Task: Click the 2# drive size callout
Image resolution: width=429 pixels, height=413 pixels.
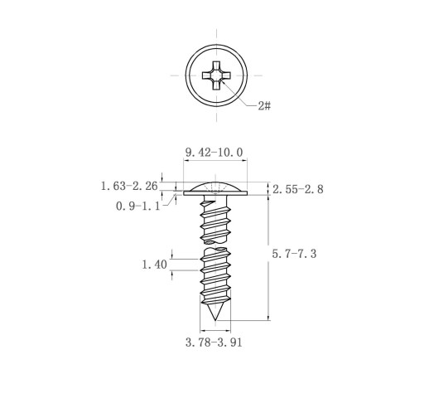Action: click(264, 105)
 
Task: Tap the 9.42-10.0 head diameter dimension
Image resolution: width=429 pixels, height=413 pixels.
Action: click(214, 153)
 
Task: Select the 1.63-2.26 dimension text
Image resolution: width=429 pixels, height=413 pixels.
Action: click(129, 186)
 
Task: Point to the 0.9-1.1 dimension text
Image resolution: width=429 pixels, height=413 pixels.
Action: click(137, 206)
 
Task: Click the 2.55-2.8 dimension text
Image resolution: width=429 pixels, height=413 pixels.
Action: click(298, 190)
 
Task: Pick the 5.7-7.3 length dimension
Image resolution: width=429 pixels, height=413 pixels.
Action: click(294, 254)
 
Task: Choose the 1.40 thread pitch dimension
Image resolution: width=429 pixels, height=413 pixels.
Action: click(154, 265)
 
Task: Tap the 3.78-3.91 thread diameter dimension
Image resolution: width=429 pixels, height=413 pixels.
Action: click(214, 343)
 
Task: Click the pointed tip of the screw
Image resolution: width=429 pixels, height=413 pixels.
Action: click(215, 320)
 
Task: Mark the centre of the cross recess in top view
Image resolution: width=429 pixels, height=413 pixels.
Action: click(216, 75)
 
